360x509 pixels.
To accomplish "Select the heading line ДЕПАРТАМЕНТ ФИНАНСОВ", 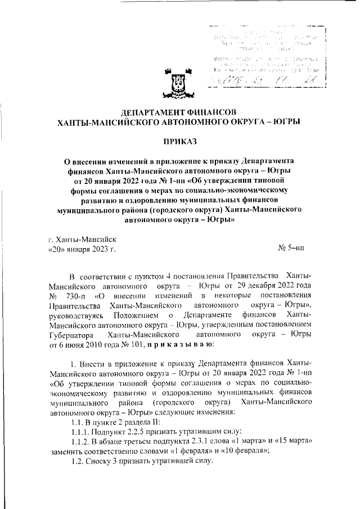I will coord(179,110).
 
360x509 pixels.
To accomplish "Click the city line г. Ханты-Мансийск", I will coord(82,239).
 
